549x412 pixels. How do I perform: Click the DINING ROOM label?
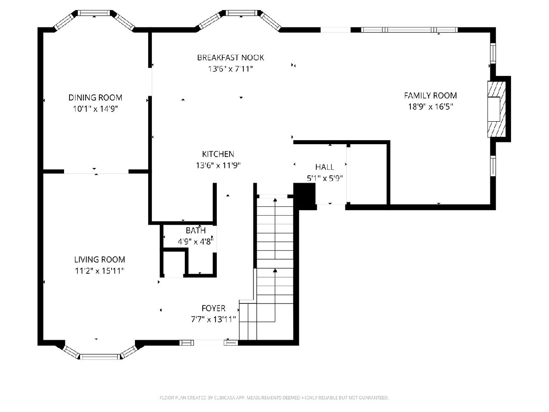(x=95, y=98)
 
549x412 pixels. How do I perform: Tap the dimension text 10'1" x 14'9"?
(x=95, y=109)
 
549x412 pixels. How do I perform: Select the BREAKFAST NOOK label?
(x=231, y=58)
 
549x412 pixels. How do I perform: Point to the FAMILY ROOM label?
(x=431, y=95)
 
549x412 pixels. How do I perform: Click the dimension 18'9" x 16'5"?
(x=431, y=107)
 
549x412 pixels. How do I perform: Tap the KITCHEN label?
(x=218, y=154)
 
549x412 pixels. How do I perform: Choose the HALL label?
(x=325, y=167)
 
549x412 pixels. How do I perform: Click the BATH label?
(x=196, y=230)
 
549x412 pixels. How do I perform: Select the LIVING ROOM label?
(x=100, y=260)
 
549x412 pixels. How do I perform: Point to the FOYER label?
(x=213, y=308)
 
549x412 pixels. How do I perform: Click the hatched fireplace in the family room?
(x=496, y=109)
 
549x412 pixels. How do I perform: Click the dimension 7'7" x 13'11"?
(x=213, y=320)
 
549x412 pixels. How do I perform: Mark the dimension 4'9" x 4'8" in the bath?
(x=196, y=242)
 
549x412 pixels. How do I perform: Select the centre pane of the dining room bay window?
(x=94, y=13)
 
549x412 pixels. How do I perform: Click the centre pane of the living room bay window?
(x=100, y=357)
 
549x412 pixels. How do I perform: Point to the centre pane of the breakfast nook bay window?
(x=242, y=13)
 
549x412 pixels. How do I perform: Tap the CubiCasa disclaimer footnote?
(x=274, y=397)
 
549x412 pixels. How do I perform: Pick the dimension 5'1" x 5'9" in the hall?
(x=325, y=179)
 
